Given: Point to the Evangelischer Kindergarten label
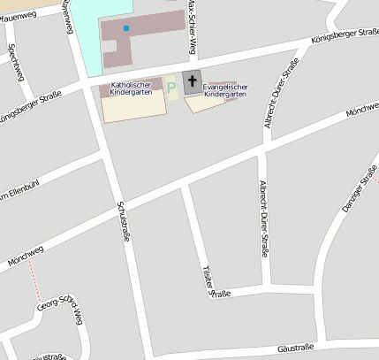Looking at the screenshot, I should pyautogui.click(x=225, y=89).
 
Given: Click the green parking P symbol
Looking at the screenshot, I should pyautogui.click(x=171, y=88).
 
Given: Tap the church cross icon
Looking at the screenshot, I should pyautogui.click(x=193, y=80).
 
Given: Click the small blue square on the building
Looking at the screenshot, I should pyautogui.click(x=126, y=28).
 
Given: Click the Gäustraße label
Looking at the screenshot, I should pyautogui.click(x=296, y=349).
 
